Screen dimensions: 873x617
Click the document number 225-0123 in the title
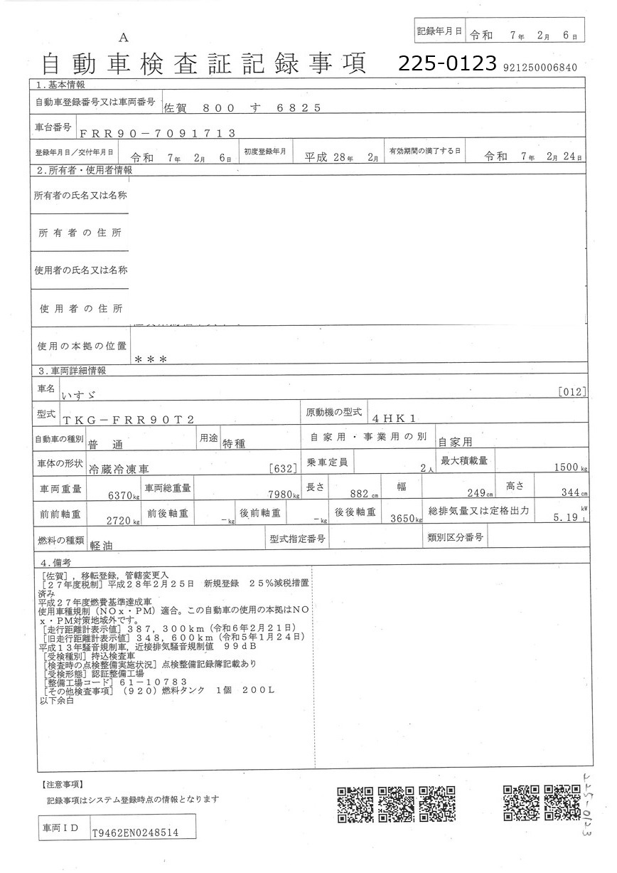point(446,63)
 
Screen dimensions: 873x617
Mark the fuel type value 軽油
point(103,544)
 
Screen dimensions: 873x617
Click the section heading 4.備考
point(57,562)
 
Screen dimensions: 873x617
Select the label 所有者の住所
point(80,233)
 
